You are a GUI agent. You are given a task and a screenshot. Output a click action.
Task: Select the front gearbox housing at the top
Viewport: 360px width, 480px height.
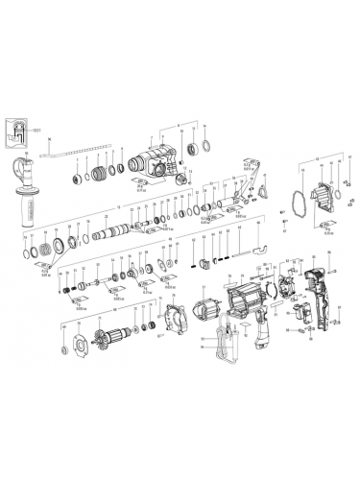coord(155,158)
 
